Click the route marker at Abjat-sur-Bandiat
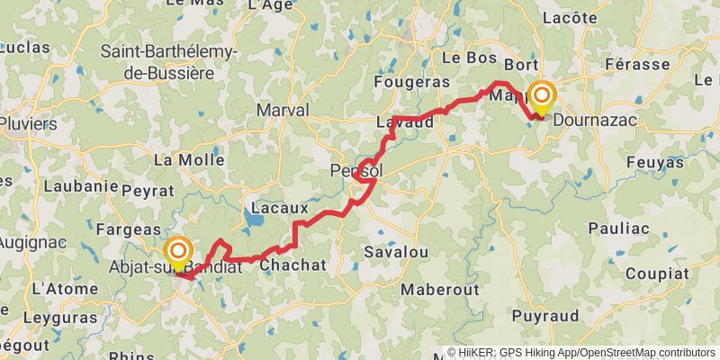coord(178,252)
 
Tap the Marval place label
coord(283,111)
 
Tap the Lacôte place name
coord(571,17)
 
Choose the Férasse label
coord(637,65)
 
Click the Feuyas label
coord(653,163)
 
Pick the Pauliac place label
coord(617,229)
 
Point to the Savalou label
coord(395,255)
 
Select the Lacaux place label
coord(273,208)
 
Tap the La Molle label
coord(189,160)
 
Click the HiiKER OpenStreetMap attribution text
coord(581,353)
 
